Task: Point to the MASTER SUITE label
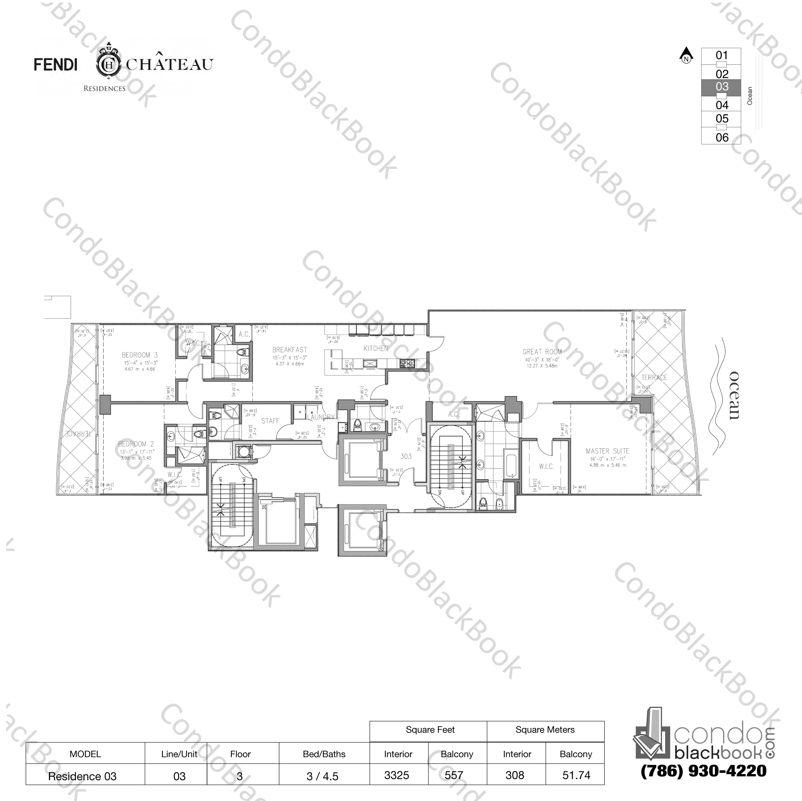click(x=607, y=451)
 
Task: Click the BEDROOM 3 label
click(x=140, y=355)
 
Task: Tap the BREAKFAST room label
click(x=289, y=350)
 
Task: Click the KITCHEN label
click(x=376, y=349)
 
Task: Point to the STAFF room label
click(x=270, y=421)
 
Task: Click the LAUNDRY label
click(x=321, y=417)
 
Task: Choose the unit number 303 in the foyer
click(x=405, y=456)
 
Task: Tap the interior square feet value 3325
click(x=397, y=775)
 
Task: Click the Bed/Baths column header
click(x=324, y=754)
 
